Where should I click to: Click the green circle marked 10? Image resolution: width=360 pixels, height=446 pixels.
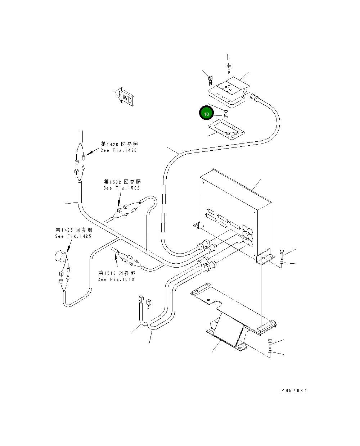click(x=206, y=114)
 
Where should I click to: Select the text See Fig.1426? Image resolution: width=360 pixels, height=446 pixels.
click(x=118, y=150)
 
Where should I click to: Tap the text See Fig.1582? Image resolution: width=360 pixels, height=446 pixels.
click(x=121, y=188)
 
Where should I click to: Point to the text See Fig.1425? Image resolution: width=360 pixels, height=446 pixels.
click(x=73, y=236)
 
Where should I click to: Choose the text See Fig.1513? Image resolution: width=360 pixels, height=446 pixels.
click(x=116, y=279)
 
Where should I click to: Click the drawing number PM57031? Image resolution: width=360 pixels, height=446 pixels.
click(x=294, y=391)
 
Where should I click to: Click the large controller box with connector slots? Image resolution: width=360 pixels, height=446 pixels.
click(x=234, y=212)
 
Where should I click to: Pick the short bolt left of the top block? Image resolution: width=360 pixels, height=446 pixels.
click(x=210, y=78)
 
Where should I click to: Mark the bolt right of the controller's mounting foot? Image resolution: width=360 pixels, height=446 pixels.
click(x=281, y=254)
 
